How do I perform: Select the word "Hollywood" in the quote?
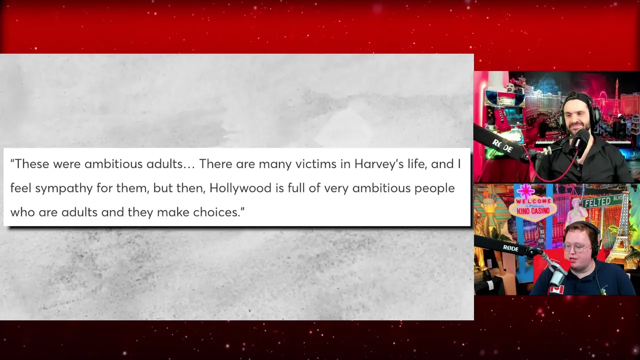click(x=240, y=188)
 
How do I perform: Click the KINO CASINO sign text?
click(x=533, y=211)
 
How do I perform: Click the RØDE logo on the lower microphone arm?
click(x=510, y=248)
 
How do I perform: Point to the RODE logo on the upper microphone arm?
click(x=502, y=146)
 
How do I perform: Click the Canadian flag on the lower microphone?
click(x=556, y=289)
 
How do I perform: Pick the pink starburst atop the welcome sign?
click(x=525, y=191)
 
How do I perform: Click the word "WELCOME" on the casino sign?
click(x=533, y=201)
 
